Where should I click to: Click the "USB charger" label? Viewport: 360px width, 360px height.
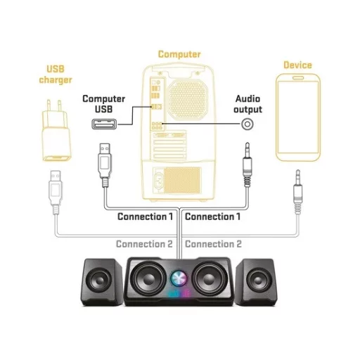56,75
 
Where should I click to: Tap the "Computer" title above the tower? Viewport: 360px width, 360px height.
179,54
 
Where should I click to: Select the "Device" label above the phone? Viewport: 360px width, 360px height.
297,65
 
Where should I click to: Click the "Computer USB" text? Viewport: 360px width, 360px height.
103,104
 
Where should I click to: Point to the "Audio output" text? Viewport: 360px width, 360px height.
247,104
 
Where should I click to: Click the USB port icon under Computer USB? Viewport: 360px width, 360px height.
104,124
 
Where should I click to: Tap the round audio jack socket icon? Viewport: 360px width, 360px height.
247,124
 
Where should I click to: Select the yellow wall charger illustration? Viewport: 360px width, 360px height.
56,131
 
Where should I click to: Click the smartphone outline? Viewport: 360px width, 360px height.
298,117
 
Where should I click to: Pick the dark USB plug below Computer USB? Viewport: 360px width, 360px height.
105,165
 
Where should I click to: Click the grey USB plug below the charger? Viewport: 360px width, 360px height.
56,192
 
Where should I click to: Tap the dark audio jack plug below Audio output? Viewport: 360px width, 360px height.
247,165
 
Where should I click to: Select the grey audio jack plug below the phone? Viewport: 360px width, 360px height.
297,192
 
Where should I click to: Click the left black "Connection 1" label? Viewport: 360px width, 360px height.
145,217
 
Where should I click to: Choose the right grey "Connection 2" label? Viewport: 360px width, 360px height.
213,244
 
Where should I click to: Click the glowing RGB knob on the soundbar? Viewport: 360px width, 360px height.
179,278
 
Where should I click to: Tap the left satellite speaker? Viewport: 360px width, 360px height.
102,282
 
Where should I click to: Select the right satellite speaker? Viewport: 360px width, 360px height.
257,282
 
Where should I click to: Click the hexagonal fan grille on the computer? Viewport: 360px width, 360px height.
188,100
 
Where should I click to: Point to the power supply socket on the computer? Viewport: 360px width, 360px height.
159,180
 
